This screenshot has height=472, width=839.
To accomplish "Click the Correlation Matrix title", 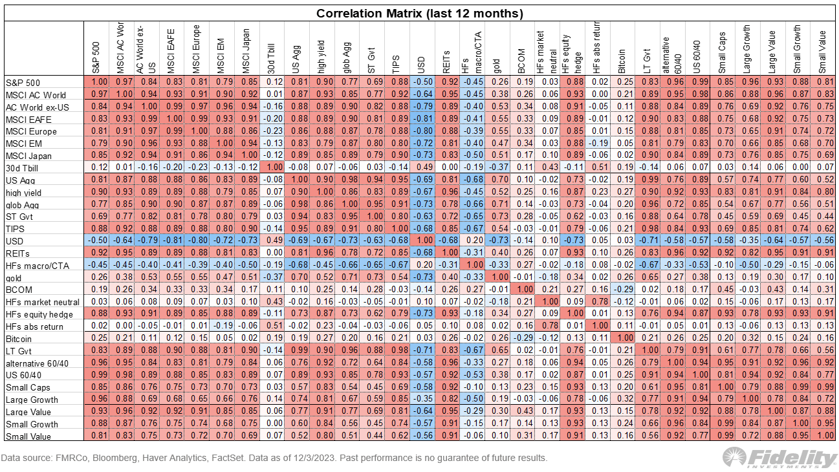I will point(419,14).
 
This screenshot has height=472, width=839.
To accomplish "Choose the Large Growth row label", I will point(28,400).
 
